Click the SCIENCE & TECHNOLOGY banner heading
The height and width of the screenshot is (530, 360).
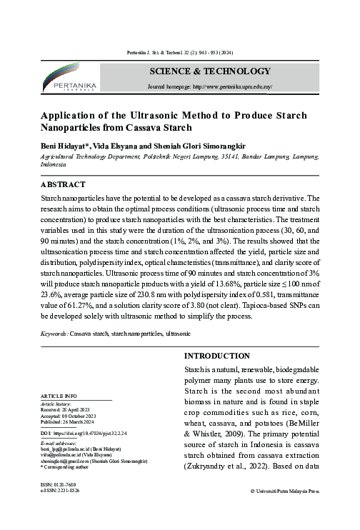(209, 71)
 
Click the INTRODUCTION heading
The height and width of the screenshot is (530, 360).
(217, 356)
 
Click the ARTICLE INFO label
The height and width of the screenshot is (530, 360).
(59, 396)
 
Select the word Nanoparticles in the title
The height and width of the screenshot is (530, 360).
(76, 129)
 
